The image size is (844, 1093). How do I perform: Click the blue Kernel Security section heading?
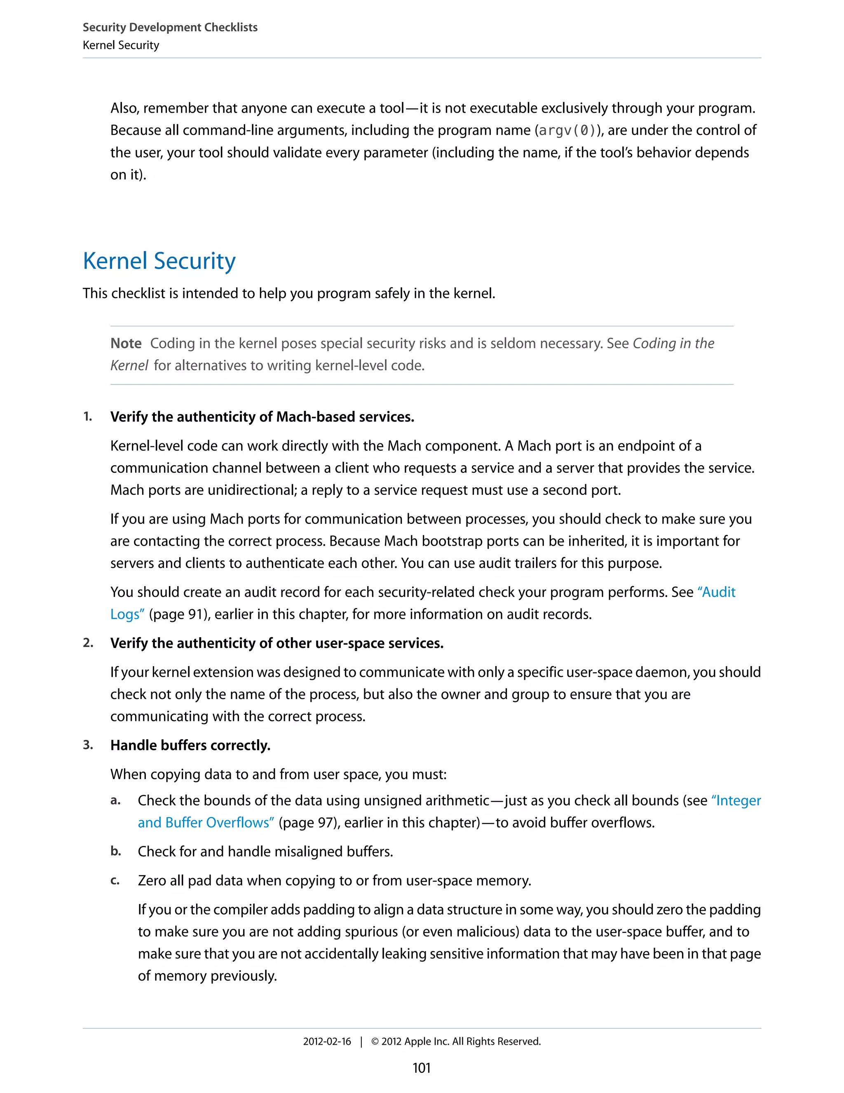coord(159,261)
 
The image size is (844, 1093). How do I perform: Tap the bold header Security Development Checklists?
coord(170,28)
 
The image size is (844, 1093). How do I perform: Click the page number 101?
coord(422,1068)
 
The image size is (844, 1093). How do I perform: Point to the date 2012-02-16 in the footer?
coord(327,1041)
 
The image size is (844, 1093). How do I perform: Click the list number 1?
coord(87,417)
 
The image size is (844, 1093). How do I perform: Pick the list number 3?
coord(88,744)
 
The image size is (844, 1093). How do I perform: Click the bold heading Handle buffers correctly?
coord(190,745)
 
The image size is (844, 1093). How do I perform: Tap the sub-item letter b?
coord(115,851)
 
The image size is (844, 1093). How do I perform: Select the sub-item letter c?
coord(115,880)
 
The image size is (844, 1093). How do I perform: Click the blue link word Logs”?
coord(127,614)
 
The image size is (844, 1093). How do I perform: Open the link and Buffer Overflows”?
coord(206,823)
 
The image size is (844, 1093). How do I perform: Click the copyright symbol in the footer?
coord(375,1041)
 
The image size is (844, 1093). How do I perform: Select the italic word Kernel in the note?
coord(129,366)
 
